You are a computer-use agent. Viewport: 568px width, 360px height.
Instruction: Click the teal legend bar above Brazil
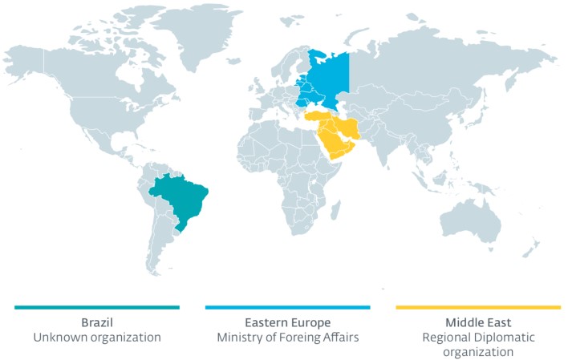pyautogui.click(x=97, y=307)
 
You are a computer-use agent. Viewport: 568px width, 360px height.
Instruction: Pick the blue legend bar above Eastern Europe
pyautogui.click(x=287, y=307)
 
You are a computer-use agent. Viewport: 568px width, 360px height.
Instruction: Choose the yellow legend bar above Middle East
pyautogui.click(x=478, y=307)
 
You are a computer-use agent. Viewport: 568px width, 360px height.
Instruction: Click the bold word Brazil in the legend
pyautogui.click(x=97, y=322)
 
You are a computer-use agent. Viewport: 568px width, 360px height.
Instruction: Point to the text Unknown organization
pyautogui.click(x=97, y=338)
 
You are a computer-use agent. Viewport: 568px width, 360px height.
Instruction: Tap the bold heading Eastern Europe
pyautogui.click(x=287, y=322)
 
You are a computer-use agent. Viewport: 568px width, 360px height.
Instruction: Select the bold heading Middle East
pyautogui.click(x=478, y=322)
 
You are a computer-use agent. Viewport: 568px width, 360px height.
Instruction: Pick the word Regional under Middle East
pyautogui.click(x=448, y=338)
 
